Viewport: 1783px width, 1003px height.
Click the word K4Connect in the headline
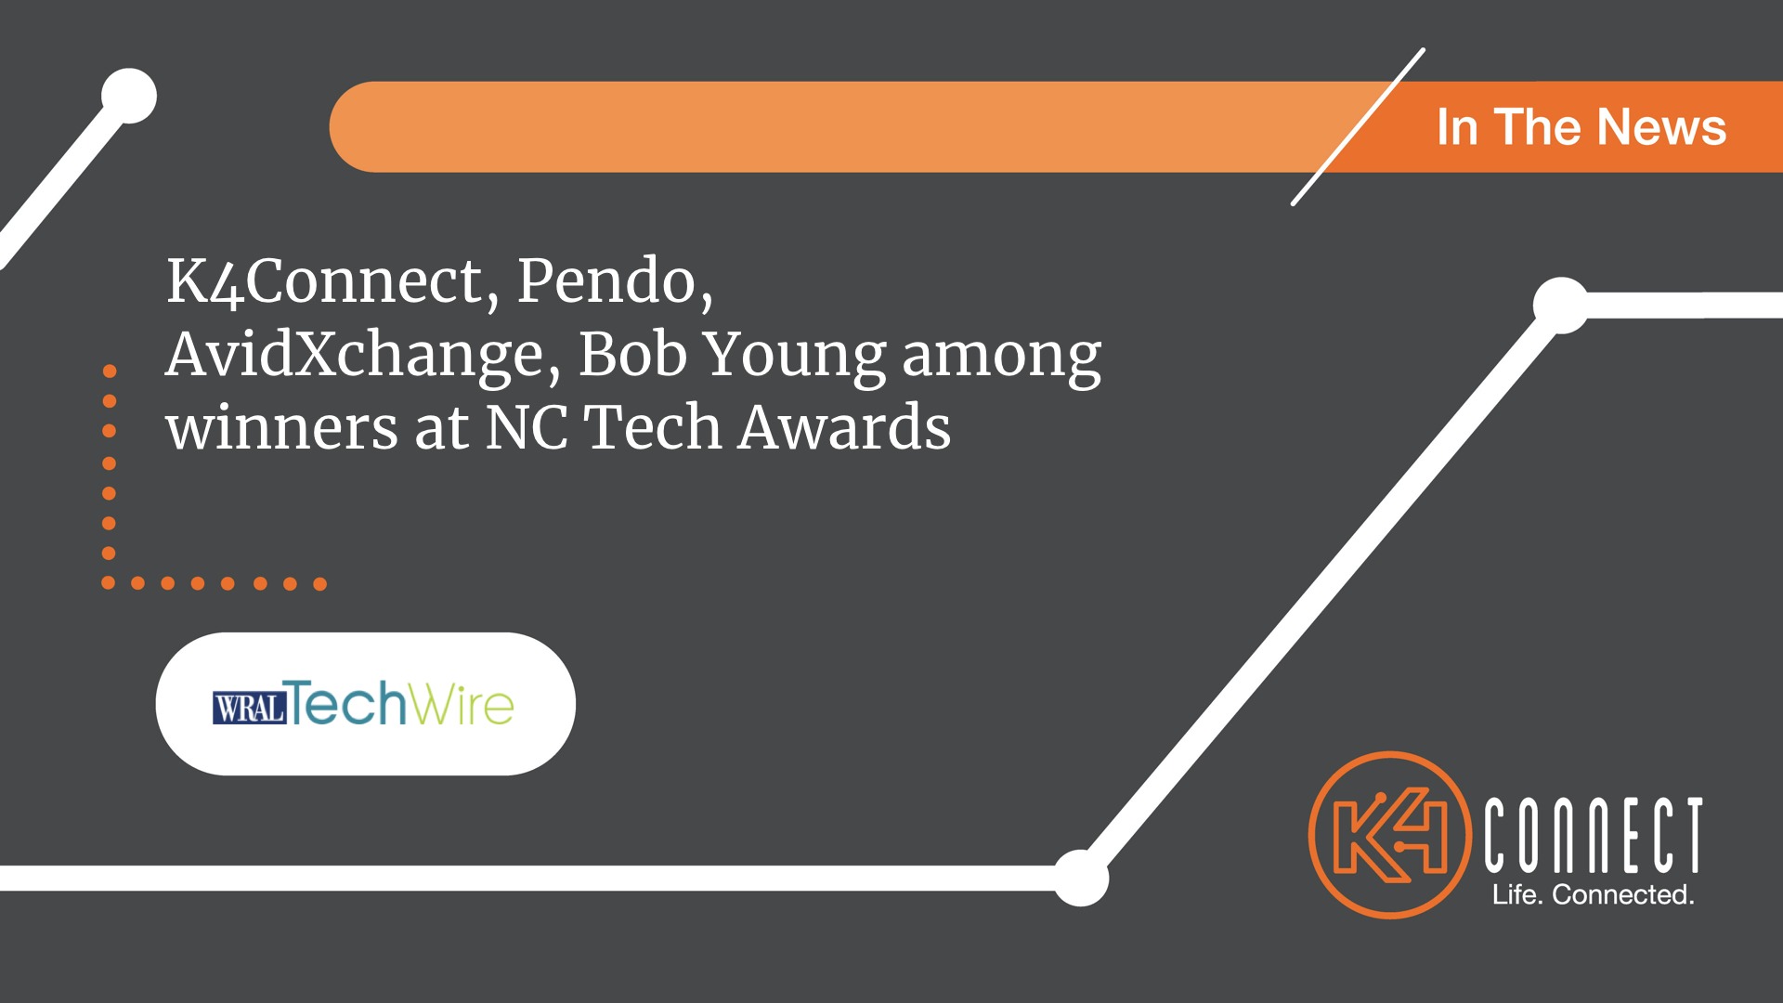[325, 280]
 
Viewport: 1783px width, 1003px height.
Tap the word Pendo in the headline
[606, 280]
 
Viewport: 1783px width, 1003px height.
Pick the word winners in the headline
[282, 428]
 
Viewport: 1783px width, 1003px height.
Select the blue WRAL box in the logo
[249, 709]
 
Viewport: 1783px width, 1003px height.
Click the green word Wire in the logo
[461, 704]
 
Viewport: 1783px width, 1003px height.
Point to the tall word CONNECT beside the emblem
[1594, 835]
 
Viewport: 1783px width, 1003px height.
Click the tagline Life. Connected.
[1594, 894]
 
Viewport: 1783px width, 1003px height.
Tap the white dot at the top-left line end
[129, 96]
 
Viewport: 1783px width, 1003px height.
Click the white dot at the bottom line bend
[1080, 878]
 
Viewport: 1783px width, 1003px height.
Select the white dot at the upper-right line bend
[1561, 305]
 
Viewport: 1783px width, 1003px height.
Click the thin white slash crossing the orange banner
[1358, 127]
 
